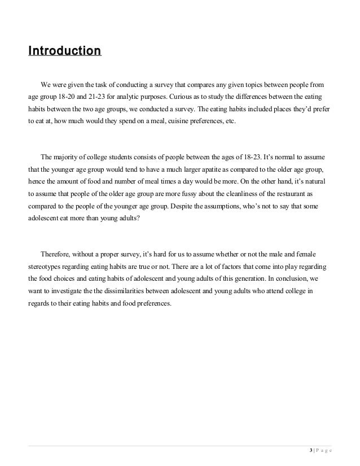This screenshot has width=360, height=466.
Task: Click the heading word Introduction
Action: (64, 52)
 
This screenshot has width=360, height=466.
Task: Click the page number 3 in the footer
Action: (311, 450)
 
